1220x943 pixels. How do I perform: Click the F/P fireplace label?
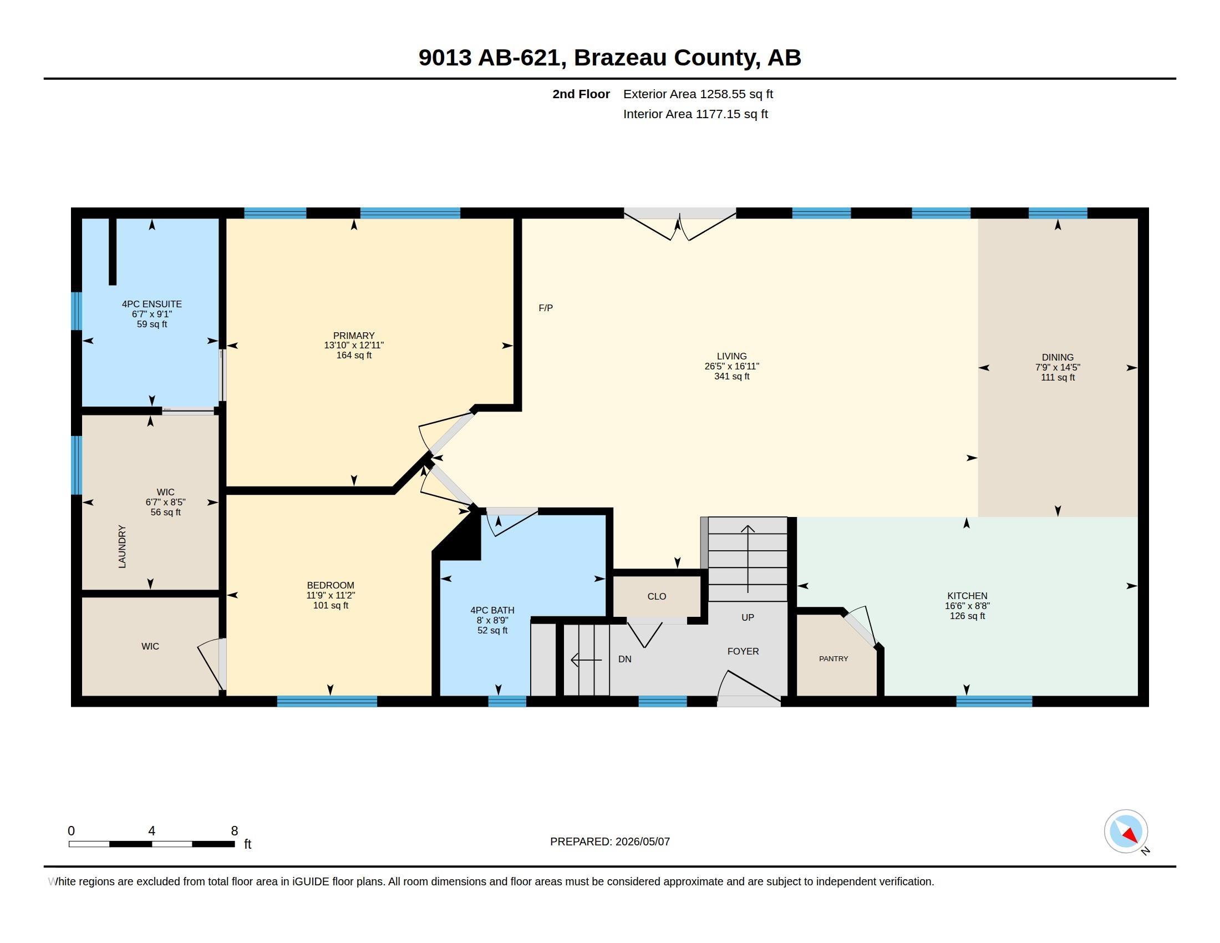click(x=545, y=308)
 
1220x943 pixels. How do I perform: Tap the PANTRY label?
click(x=833, y=658)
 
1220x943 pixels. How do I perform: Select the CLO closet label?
click(x=657, y=597)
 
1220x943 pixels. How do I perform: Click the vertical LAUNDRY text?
click(x=122, y=546)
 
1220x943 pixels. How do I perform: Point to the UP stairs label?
click(x=748, y=617)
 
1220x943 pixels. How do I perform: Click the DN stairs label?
click(x=624, y=659)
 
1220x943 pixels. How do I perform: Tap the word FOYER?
click(x=743, y=651)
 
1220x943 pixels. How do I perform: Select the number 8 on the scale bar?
click(x=234, y=831)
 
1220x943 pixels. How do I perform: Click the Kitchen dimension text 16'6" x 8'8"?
click(x=967, y=606)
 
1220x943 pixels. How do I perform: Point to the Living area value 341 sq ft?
click(x=731, y=377)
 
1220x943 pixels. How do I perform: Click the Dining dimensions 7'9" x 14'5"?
click(x=1058, y=368)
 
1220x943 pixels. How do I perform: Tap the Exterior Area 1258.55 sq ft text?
click(x=698, y=94)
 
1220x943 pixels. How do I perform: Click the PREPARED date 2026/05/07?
click(x=642, y=841)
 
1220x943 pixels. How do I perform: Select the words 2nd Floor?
click(x=581, y=94)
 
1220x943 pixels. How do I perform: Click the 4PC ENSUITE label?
click(x=152, y=304)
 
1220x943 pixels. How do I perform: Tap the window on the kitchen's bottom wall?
click(x=994, y=701)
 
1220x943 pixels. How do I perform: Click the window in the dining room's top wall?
click(x=1058, y=213)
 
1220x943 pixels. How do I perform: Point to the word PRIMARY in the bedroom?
click(x=354, y=336)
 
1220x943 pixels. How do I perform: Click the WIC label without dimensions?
click(x=150, y=646)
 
